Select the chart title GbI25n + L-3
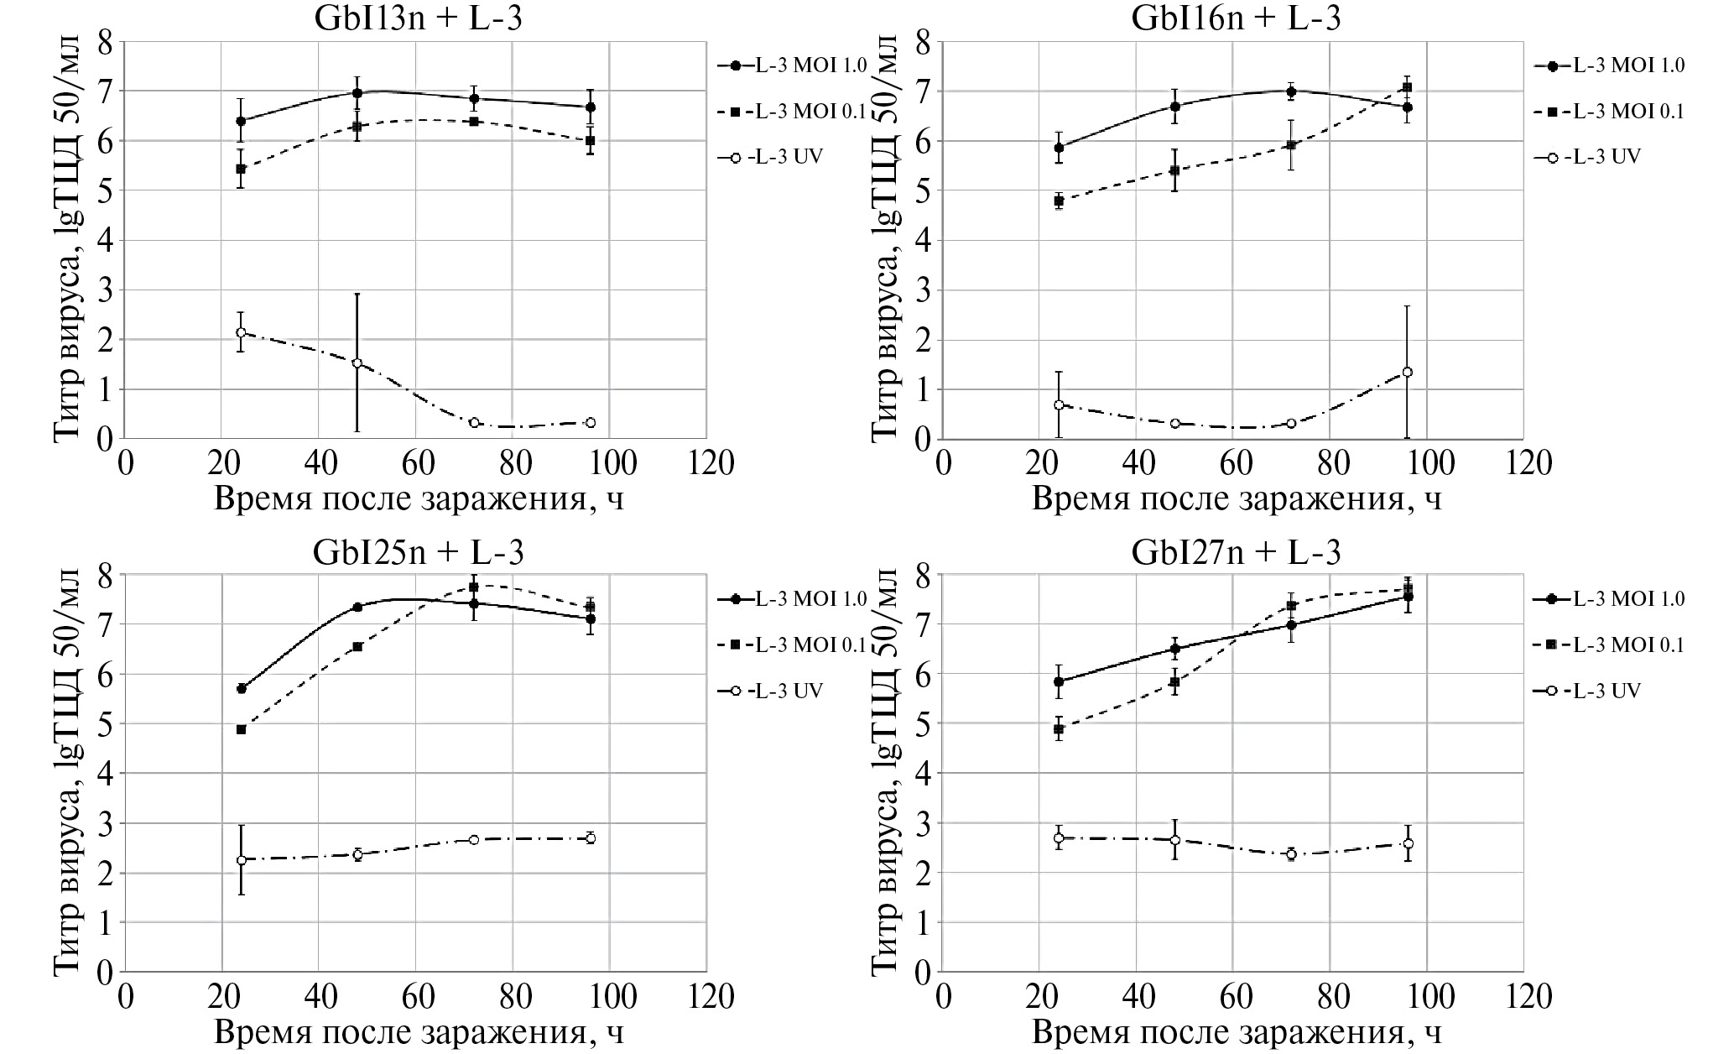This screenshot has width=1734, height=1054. pos(418,552)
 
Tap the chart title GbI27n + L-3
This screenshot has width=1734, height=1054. pos(1236,552)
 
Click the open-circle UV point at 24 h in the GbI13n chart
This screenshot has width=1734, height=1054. pos(241,332)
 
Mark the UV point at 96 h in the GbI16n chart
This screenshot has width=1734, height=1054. pos(1408,372)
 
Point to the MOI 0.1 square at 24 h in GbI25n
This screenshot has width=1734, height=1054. pos(241,729)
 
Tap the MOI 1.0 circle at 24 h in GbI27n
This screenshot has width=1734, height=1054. pos(1059,681)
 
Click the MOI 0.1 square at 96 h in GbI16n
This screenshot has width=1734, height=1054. pos(1408,87)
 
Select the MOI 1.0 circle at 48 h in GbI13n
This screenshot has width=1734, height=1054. pos(357,93)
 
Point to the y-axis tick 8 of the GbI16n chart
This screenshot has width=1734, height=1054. pos(921,42)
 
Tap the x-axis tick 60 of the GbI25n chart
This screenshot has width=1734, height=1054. pos(416,997)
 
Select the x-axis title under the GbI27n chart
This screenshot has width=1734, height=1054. pos(1236,1032)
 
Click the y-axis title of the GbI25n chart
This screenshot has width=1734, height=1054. pos(69,772)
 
